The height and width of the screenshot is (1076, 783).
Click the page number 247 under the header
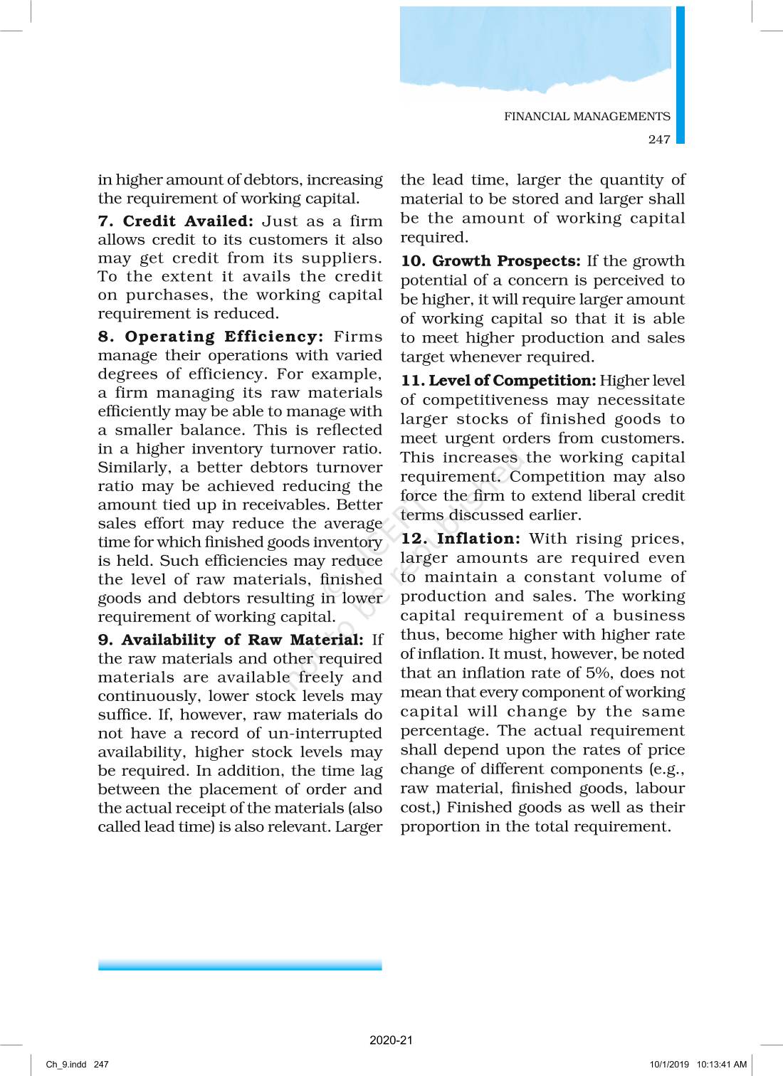[659, 139]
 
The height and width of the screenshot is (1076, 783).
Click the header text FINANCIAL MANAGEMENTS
[587, 117]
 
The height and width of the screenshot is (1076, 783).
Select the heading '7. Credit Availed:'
[175, 221]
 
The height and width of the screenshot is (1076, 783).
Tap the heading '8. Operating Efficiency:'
[210, 337]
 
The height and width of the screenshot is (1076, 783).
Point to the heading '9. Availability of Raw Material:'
[231, 640]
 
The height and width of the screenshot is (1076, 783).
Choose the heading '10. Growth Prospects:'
[490, 261]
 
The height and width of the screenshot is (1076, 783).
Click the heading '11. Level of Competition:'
[498, 381]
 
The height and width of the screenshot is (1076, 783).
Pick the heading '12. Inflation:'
[461, 539]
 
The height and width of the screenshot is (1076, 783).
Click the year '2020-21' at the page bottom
[391, 1040]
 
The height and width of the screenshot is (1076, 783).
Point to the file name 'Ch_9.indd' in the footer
[66, 1065]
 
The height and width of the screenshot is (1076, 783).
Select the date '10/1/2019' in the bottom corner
[669, 1065]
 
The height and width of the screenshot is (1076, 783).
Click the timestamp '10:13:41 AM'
[721, 1065]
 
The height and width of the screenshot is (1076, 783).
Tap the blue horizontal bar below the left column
[240, 965]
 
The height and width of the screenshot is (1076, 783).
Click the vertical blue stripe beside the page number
[680, 75]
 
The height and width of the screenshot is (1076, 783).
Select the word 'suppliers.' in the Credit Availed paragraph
[347, 258]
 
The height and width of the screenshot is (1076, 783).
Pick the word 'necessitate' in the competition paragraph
[641, 400]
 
